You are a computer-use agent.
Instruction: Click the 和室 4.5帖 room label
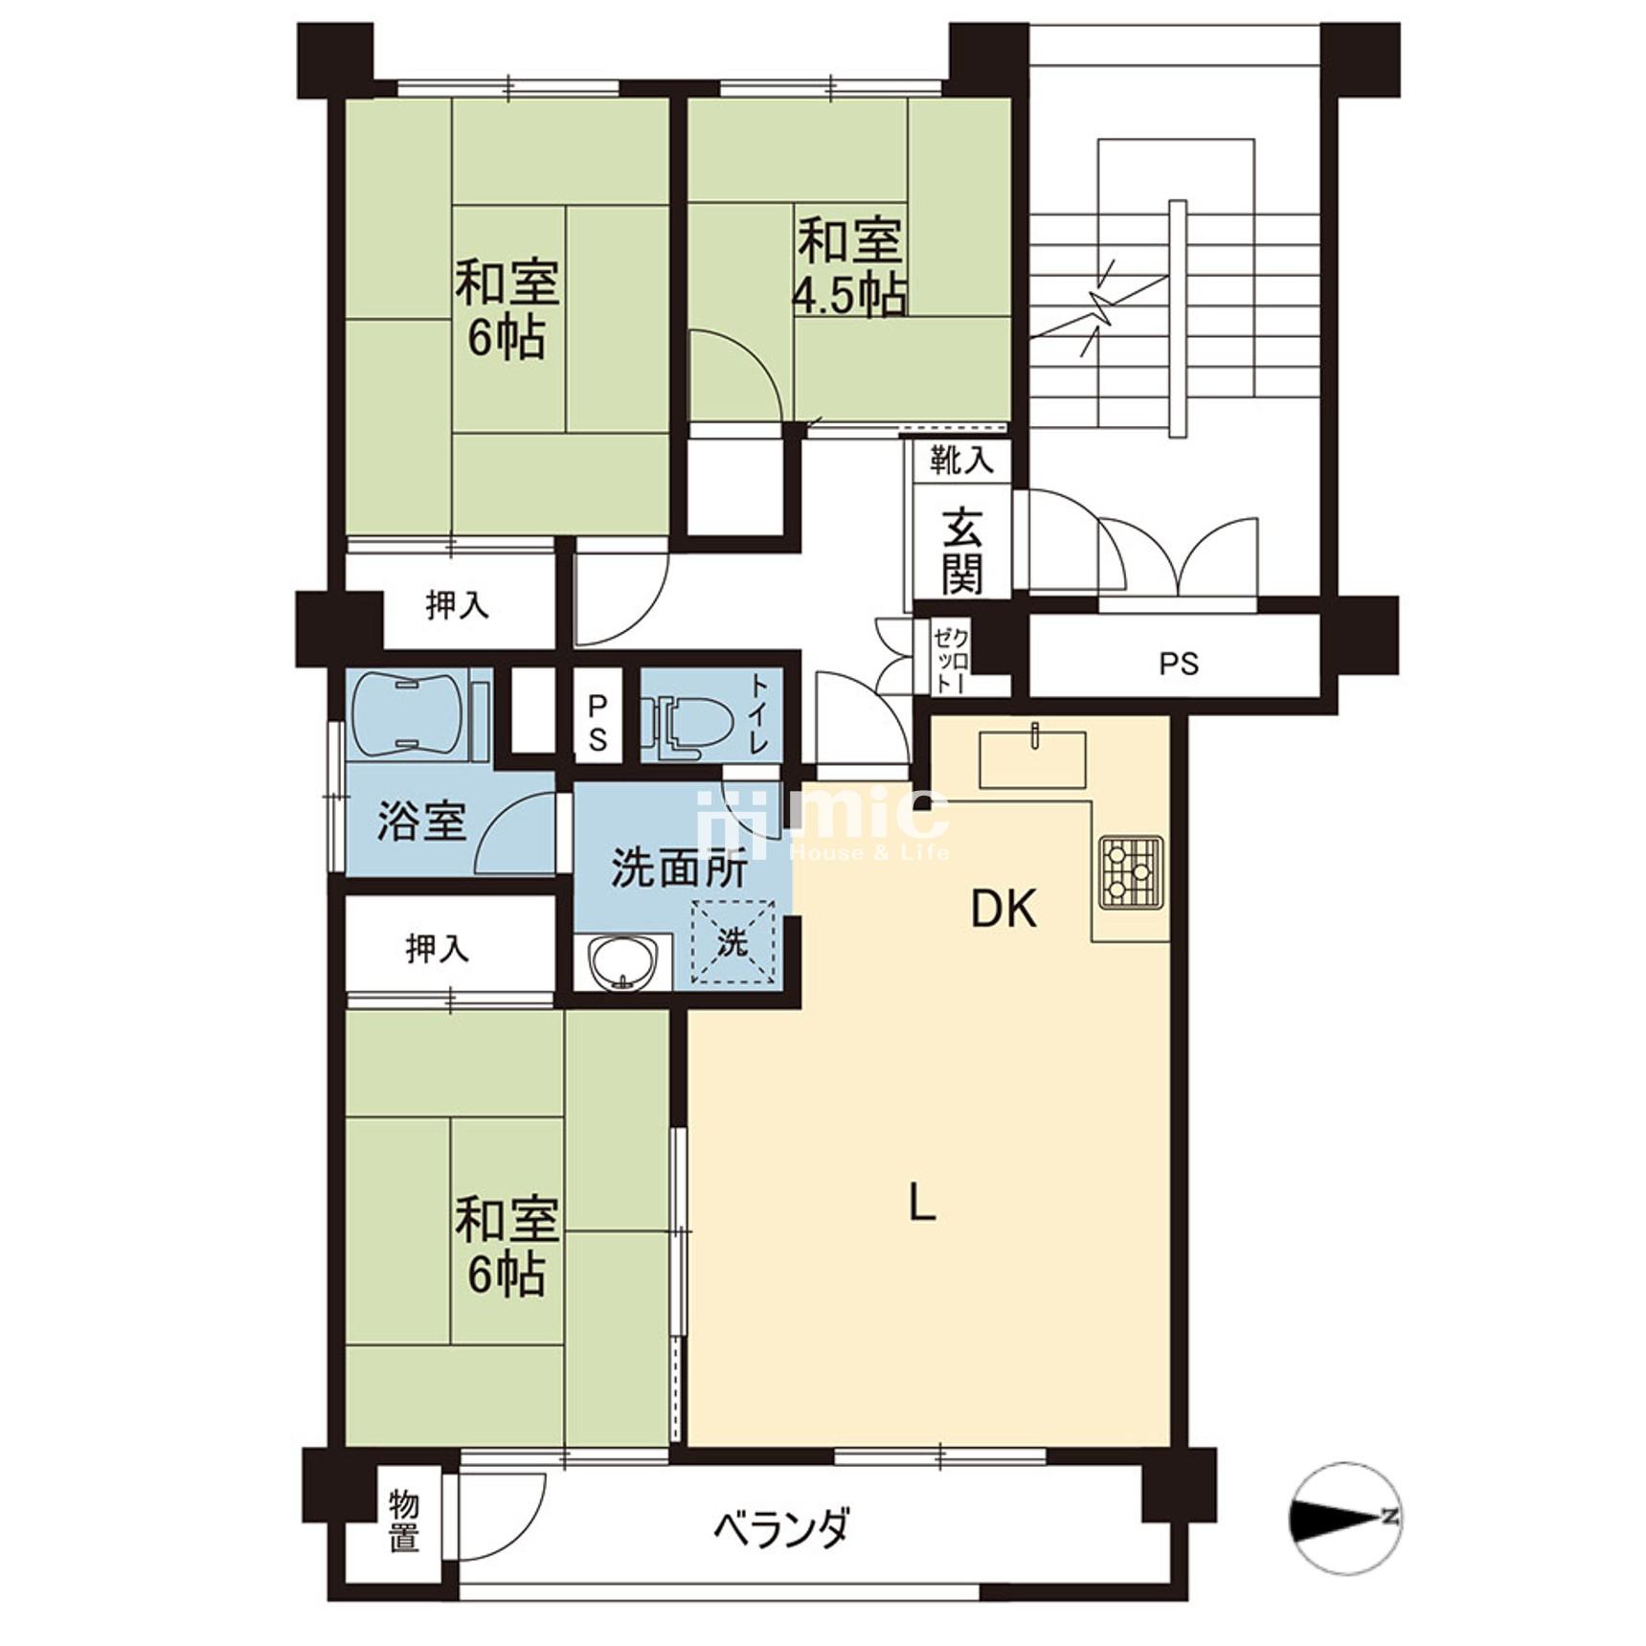849,268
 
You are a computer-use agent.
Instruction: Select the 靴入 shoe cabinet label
961,462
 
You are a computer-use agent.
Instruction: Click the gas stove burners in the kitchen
1131,870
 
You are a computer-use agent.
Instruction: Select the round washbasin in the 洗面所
623,961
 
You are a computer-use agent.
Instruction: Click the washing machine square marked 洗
733,942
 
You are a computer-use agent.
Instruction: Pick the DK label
1003,909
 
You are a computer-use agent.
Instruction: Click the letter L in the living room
921,1201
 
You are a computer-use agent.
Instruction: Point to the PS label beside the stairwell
1179,664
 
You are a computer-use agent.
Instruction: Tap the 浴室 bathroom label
421,822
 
